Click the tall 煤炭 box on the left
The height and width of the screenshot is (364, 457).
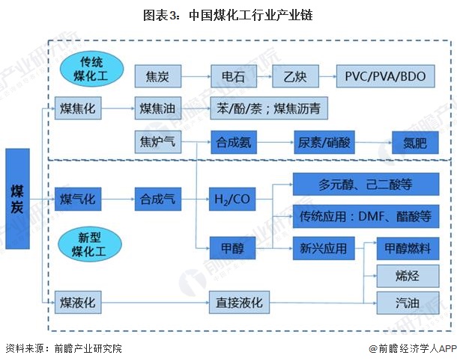pos(17,198)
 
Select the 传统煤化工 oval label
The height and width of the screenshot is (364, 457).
pos(86,68)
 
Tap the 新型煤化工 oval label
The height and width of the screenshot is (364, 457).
pos(85,244)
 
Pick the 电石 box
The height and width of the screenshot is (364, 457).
pos(233,76)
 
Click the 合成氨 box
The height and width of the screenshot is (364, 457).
pos(233,141)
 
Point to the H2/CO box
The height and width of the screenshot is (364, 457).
pos(233,199)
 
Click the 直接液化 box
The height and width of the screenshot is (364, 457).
pos(238,303)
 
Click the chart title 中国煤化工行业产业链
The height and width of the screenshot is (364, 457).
pos(228,14)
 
